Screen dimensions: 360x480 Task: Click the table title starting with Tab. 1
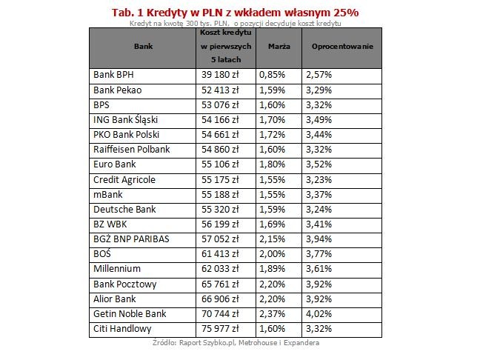[x=235, y=13]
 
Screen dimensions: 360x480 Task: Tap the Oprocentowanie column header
[x=341, y=46]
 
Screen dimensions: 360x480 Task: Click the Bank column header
[x=143, y=46]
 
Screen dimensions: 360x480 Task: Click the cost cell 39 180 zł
[x=219, y=75]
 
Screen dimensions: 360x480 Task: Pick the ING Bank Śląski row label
[x=126, y=119]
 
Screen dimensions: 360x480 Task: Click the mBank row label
[x=109, y=194]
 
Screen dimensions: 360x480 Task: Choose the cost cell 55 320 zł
[x=219, y=209]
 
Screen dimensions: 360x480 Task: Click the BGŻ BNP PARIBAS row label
[x=130, y=239]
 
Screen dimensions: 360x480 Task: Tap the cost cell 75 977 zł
[x=219, y=328]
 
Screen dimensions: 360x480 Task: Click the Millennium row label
[x=117, y=268]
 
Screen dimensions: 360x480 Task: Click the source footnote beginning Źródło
[x=235, y=343]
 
